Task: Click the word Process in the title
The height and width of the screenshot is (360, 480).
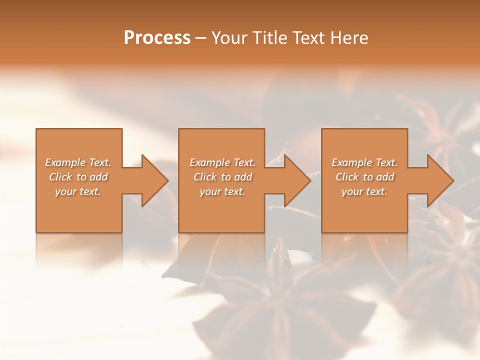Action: pyautogui.click(x=157, y=38)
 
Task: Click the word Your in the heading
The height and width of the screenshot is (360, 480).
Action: pyautogui.click(x=228, y=38)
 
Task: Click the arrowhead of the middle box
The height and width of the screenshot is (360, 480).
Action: pyautogui.click(x=296, y=180)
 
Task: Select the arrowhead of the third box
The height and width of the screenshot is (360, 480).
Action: pyautogui.click(x=439, y=180)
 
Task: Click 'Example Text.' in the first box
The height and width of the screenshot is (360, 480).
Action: pyautogui.click(x=78, y=162)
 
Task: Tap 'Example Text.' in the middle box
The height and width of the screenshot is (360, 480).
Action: pyautogui.click(x=222, y=162)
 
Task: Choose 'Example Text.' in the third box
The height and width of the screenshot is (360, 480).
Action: pyautogui.click(x=364, y=162)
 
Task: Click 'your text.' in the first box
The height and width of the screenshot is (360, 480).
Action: pyautogui.click(x=78, y=191)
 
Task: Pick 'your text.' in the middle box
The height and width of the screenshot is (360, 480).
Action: pyautogui.click(x=222, y=191)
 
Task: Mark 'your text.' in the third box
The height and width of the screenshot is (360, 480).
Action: pyautogui.click(x=364, y=191)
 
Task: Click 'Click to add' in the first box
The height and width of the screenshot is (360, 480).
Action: pyautogui.click(x=78, y=177)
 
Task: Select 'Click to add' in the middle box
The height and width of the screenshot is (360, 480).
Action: pyautogui.click(x=222, y=177)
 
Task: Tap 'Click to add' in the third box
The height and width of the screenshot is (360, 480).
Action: pyautogui.click(x=364, y=177)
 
